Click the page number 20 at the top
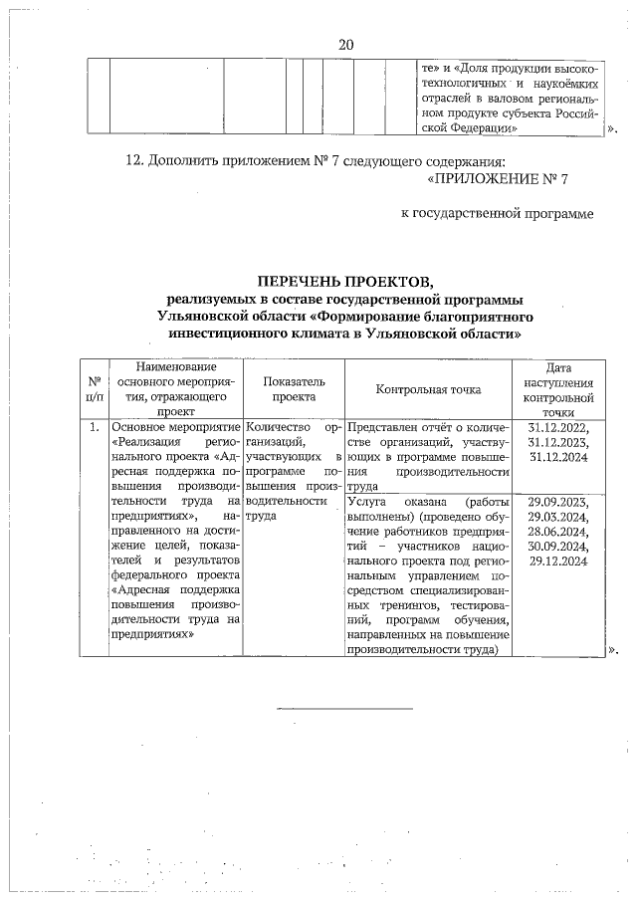[346, 45]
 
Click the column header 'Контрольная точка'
[428, 389]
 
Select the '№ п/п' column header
[94, 389]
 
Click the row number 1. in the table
[94, 427]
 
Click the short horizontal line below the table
[343, 708]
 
